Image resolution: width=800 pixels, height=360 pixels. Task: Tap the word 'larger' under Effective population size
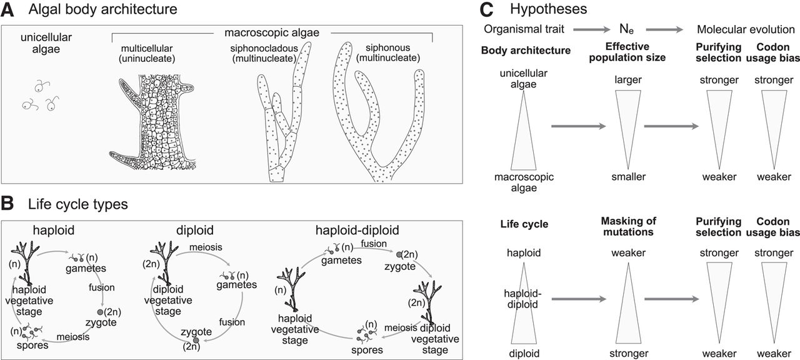pyautogui.click(x=629, y=80)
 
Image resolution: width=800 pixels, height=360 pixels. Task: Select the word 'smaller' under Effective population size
pyautogui.click(x=629, y=177)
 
